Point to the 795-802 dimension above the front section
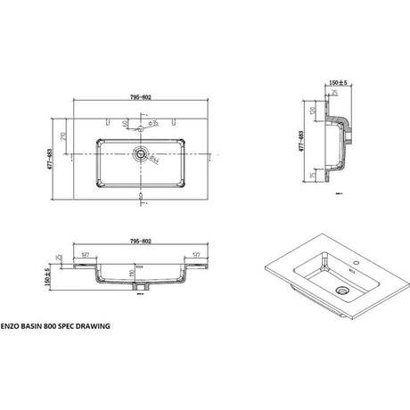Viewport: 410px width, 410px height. [139, 241]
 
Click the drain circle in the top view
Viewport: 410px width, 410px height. [140, 153]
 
